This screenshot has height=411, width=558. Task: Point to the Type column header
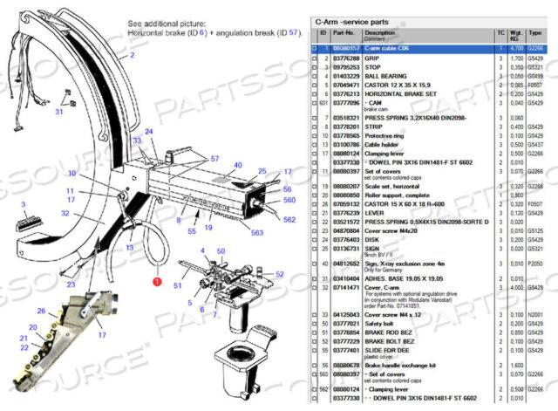(x=535, y=35)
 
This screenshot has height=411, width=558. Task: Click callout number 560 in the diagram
(x=289, y=199)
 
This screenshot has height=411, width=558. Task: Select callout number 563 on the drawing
(x=256, y=232)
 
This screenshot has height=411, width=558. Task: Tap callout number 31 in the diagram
(x=60, y=112)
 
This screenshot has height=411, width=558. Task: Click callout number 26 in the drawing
(x=41, y=310)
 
